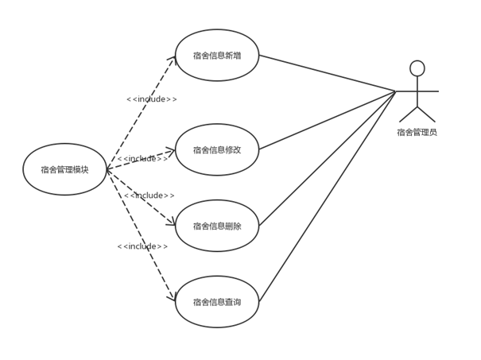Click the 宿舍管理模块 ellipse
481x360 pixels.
(64, 169)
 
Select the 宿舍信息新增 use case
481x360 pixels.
(217, 56)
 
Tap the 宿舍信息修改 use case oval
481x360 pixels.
(217, 149)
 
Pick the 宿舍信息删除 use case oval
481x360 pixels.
(217, 226)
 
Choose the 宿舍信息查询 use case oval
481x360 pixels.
(217, 302)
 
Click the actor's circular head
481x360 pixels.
(439, 68)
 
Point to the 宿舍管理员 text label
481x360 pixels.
(439, 133)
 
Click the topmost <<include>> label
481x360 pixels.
(152, 99)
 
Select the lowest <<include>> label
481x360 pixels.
(142, 246)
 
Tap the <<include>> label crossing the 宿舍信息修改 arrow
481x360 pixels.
(143, 159)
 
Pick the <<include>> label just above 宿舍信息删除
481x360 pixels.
(149, 195)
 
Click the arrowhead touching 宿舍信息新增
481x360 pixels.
(173, 60)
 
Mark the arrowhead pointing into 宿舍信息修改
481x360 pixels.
(171, 150)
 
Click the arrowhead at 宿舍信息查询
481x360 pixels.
(173, 297)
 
